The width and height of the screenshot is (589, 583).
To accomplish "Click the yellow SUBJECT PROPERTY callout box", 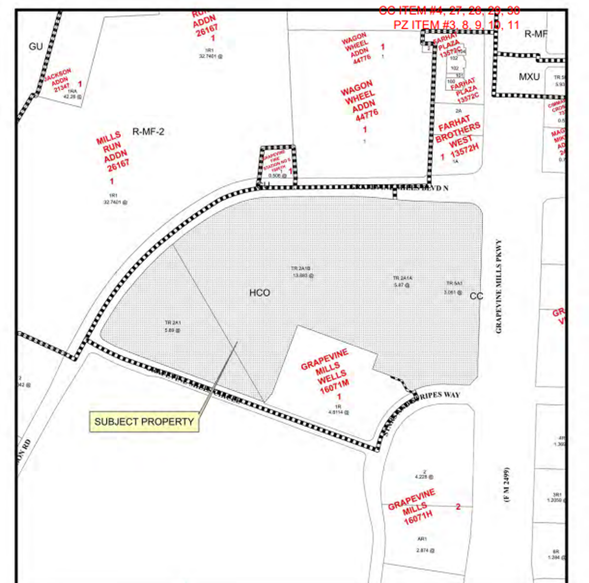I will [x=144, y=422].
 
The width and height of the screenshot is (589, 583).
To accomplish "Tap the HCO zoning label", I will [x=259, y=293].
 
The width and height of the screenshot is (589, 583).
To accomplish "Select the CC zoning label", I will [x=476, y=296].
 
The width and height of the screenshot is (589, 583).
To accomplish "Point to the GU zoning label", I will [x=36, y=47].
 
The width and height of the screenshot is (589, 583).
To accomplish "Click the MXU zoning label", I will [x=529, y=77].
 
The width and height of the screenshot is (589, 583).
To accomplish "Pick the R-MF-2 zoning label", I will [x=148, y=132].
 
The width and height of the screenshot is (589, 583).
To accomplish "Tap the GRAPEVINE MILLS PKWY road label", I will [x=499, y=286].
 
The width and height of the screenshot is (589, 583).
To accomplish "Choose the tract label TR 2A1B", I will [x=301, y=269].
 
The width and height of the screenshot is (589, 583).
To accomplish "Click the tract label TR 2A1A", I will [x=402, y=278].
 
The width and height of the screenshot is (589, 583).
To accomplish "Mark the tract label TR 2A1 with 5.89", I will [x=173, y=323].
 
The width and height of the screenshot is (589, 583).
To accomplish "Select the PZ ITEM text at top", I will [x=456, y=24].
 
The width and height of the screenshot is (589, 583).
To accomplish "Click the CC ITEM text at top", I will [x=449, y=10].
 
